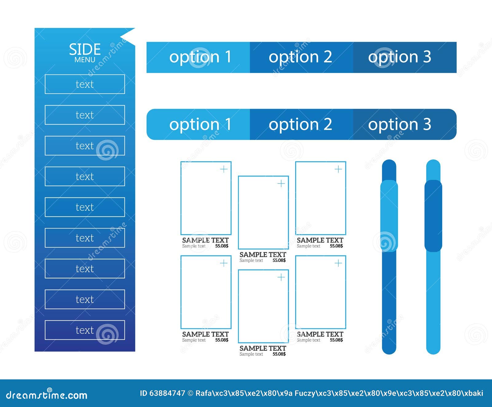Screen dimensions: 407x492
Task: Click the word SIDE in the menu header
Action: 85,49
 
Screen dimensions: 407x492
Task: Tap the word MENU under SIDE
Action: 85,60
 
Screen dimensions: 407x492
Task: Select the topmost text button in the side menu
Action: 85,84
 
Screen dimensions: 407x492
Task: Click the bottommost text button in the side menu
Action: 85,330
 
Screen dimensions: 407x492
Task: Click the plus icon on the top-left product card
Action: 224,169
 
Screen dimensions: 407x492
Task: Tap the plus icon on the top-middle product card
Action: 281,184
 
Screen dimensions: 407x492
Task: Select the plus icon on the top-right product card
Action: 338,169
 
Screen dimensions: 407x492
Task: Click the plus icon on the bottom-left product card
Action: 224,263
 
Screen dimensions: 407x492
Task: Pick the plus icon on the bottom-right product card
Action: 338,263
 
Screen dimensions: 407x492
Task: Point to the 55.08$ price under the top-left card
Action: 222,246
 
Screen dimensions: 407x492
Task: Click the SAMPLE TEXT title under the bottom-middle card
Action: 263,348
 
